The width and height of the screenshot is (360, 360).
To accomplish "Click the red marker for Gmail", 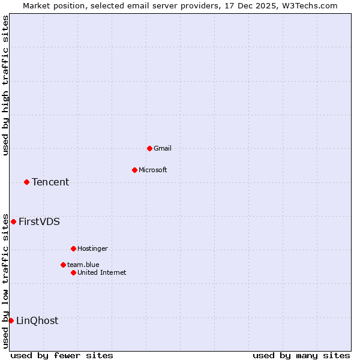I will coord(149,148).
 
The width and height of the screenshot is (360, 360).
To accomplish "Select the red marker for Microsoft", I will coord(134,170).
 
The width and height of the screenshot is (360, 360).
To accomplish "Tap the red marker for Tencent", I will coord(26,182).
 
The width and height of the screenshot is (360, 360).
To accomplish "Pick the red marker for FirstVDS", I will coord(13,221).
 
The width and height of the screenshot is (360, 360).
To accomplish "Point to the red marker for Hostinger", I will coord(73,248).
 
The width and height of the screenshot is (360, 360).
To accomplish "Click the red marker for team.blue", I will coord(63,265).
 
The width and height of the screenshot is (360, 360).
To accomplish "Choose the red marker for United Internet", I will coord(73,272).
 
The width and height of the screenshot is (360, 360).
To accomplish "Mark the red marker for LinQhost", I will coord(11,320).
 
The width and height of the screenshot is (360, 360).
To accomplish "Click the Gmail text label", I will coord(163,148).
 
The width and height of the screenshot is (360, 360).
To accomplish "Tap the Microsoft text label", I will coord(153,170).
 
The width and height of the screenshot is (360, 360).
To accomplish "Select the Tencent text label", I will coord(50,182).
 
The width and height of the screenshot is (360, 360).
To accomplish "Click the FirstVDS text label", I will coord(39,221).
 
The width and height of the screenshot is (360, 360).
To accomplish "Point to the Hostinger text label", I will coord(92,248).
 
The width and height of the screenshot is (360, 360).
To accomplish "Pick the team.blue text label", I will coord(83,265).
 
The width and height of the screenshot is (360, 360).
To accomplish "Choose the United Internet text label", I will coord(102,272).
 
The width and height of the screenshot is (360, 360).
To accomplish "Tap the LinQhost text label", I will coord(37,320).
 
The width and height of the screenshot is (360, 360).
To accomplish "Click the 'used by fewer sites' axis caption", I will coord(62,355).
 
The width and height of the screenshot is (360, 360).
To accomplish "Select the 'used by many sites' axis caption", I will coord(301,355).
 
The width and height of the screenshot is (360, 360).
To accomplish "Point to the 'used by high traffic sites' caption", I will coord(6,85).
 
